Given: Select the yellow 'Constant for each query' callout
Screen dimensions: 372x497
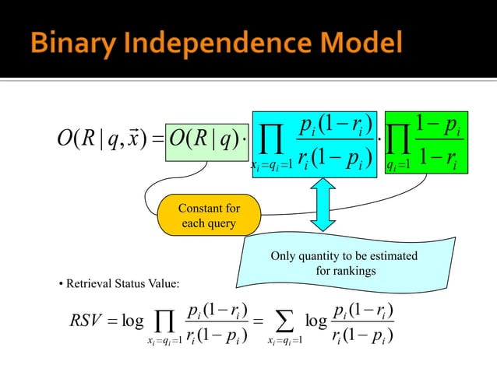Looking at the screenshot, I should point(209,216).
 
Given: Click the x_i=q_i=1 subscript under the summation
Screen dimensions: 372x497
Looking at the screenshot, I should point(283,342).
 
